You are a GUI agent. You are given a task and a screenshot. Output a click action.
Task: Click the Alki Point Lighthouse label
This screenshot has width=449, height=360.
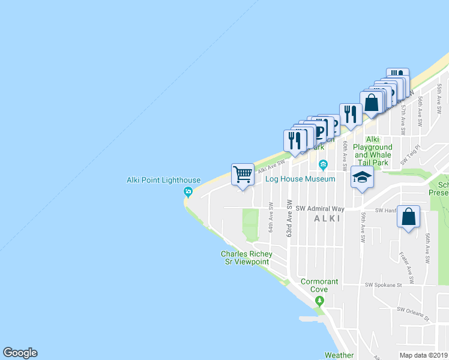click(163, 180)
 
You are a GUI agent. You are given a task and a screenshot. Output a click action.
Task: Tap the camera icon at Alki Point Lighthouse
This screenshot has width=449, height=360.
click(188, 192)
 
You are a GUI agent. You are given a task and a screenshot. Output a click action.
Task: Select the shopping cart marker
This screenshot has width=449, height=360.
click(243, 175)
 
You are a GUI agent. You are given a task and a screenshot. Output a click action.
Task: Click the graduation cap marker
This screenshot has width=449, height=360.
click(362, 177)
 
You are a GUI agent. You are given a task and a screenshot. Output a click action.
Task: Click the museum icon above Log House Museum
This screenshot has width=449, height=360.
click(323, 165)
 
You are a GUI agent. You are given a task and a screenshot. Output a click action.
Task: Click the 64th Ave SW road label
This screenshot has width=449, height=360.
click(271, 217)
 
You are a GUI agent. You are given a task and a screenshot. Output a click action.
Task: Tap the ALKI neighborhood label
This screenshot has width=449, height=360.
click(328, 219)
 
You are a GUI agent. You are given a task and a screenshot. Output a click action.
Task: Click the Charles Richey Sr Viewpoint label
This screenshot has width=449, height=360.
click(247, 258)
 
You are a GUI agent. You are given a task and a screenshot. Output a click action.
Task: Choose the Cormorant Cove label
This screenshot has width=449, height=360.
click(319, 285)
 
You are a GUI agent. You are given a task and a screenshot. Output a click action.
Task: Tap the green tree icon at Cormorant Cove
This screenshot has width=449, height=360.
click(320, 301)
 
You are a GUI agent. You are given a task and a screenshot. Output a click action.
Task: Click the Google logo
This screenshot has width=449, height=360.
click(20, 353)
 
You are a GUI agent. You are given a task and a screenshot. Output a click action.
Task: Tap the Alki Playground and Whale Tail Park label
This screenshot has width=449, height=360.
click(372, 151)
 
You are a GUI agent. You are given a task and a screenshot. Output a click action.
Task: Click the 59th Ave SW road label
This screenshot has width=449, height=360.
click(363, 226)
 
